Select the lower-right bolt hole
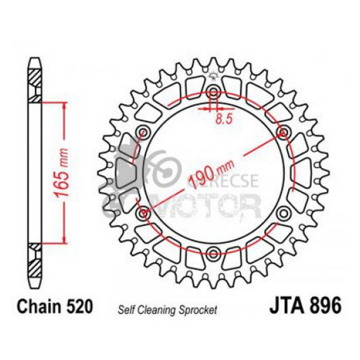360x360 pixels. (282, 213)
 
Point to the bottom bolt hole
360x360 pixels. (213, 253)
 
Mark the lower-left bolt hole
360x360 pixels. (142, 213)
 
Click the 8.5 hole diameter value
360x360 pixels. (224, 120)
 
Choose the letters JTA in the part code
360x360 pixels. (286, 307)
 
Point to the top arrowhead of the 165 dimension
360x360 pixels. (64, 104)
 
